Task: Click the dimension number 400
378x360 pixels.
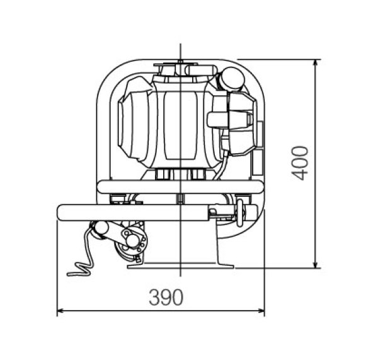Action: (x=301, y=163)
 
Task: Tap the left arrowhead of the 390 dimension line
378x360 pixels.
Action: (x=60, y=311)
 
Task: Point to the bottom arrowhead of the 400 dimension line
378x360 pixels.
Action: (x=315, y=265)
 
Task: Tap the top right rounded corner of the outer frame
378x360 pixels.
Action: (x=255, y=73)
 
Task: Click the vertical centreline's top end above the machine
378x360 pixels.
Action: (x=181, y=45)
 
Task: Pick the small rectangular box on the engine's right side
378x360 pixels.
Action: (x=257, y=166)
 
